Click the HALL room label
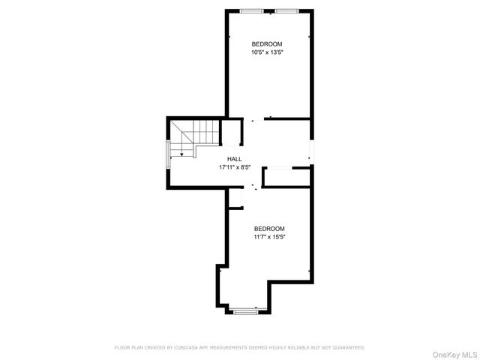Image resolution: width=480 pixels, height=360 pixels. [234, 159]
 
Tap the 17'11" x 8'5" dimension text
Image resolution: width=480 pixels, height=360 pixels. [234, 167]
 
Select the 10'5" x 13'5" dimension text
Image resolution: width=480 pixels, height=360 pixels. [267, 52]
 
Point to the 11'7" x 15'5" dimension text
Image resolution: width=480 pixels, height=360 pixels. [269, 237]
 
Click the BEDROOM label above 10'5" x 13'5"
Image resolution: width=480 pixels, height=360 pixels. [267, 43]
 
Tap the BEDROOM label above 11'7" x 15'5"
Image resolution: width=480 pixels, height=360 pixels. [269, 228]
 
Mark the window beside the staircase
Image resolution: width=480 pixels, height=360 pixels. [167, 160]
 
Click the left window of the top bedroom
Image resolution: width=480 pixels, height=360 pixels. [251, 10]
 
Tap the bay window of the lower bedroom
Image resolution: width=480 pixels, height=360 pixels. [244, 308]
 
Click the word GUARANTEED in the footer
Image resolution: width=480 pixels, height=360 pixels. [349, 347]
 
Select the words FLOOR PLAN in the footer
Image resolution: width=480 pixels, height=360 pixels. [129, 347]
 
